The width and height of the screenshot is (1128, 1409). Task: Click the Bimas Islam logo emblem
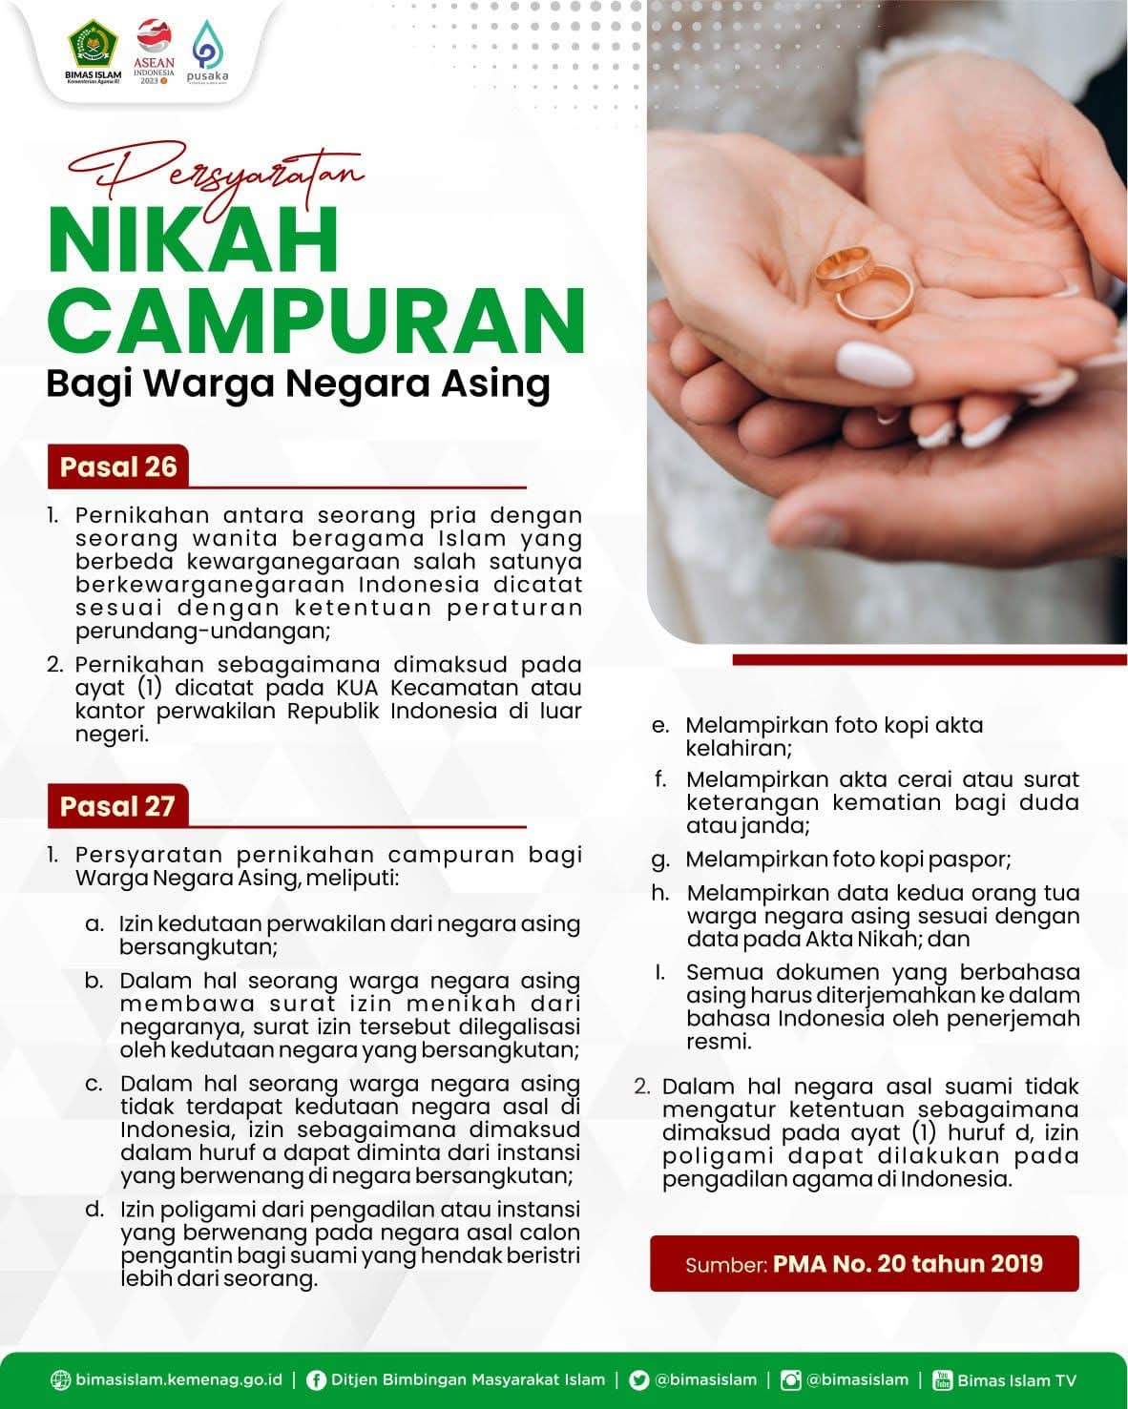pyautogui.click(x=93, y=43)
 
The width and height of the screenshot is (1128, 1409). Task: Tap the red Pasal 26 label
pyautogui.click(x=118, y=466)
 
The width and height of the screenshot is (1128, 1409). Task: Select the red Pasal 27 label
pyautogui.click(x=117, y=806)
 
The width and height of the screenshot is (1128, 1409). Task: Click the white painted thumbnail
pyautogui.click(x=874, y=363)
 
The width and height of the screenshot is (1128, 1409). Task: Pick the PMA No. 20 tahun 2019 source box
pyautogui.click(x=864, y=1264)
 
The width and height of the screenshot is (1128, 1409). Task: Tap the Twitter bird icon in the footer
pyautogui.click(x=639, y=1380)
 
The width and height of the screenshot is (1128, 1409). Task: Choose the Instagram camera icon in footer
pyautogui.click(x=790, y=1380)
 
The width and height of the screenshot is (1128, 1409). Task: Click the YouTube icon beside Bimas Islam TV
pyautogui.click(x=943, y=1380)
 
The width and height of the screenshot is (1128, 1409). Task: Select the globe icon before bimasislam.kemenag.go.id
pyautogui.click(x=61, y=1380)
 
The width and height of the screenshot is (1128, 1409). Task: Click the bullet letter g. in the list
pyautogui.click(x=660, y=860)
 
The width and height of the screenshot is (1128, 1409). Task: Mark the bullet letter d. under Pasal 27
pyautogui.click(x=94, y=1210)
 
